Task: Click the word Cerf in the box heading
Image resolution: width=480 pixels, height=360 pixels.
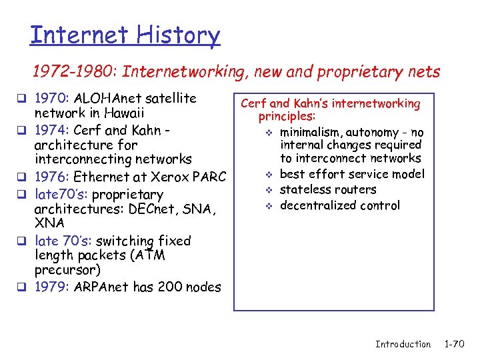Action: click(x=253, y=103)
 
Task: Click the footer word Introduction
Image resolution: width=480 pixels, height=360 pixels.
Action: click(x=403, y=344)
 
